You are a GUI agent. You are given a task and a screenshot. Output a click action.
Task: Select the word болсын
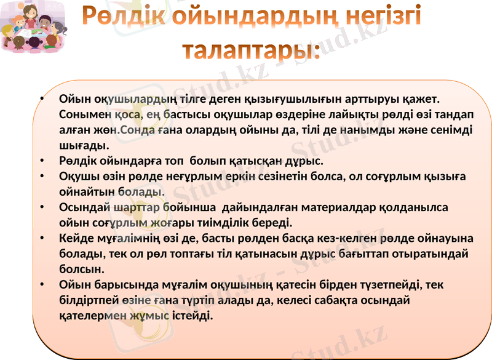(81, 268)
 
